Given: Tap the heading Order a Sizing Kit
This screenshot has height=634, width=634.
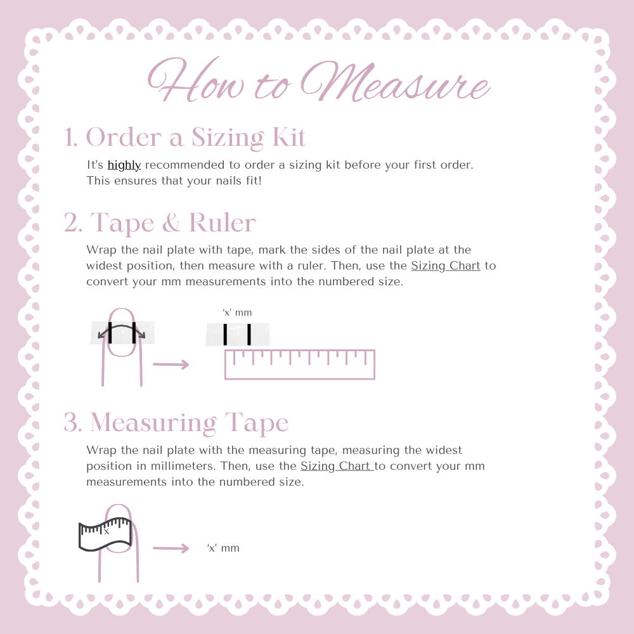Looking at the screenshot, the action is [196, 138].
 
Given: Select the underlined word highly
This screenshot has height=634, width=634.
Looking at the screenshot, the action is [124, 165].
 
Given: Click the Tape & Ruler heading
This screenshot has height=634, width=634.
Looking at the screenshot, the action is [172, 223].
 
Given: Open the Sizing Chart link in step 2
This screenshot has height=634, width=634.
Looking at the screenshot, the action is [446, 266].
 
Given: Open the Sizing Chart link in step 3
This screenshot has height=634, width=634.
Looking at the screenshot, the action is [337, 466].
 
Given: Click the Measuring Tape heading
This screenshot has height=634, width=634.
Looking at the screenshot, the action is [189, 423].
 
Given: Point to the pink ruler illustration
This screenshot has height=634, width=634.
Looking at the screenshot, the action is [300, 365].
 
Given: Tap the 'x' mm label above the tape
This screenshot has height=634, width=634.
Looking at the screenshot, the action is [237, 313].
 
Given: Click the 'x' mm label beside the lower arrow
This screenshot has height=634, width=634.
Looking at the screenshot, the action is [223, 548].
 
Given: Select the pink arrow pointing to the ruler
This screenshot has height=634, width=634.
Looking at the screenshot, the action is [171, 365].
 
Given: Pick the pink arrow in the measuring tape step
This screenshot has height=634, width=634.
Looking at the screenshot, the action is [171, 548].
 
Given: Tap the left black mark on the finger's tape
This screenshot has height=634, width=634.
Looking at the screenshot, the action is [110, 332].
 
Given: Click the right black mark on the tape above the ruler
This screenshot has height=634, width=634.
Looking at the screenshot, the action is [249, 334].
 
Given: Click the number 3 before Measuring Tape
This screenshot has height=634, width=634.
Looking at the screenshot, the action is [72, 423].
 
